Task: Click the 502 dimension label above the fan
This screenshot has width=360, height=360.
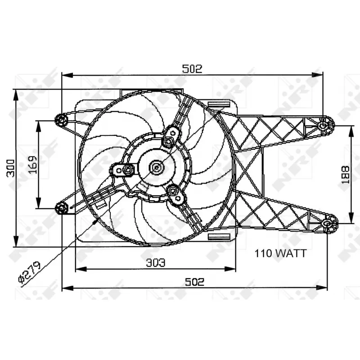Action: [x=192, y=69]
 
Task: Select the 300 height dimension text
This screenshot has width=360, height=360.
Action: [x=12, y=167]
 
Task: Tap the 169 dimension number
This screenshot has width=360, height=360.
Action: [x=32, y=165]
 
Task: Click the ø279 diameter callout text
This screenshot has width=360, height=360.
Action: [x=30, y=272]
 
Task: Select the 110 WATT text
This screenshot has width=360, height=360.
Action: [x=280, y=253]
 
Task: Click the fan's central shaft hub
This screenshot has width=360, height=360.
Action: [x=157, y=168]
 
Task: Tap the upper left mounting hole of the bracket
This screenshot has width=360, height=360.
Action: [x=62, y=120]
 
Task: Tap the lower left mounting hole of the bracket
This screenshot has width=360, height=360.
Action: [x=62, y=207]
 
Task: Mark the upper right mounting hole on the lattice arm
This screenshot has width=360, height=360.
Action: [x=323, y=126]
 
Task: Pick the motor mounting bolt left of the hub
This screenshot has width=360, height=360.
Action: [x=128, y=170]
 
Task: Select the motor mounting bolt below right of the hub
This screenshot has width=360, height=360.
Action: [x=173, y=191]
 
